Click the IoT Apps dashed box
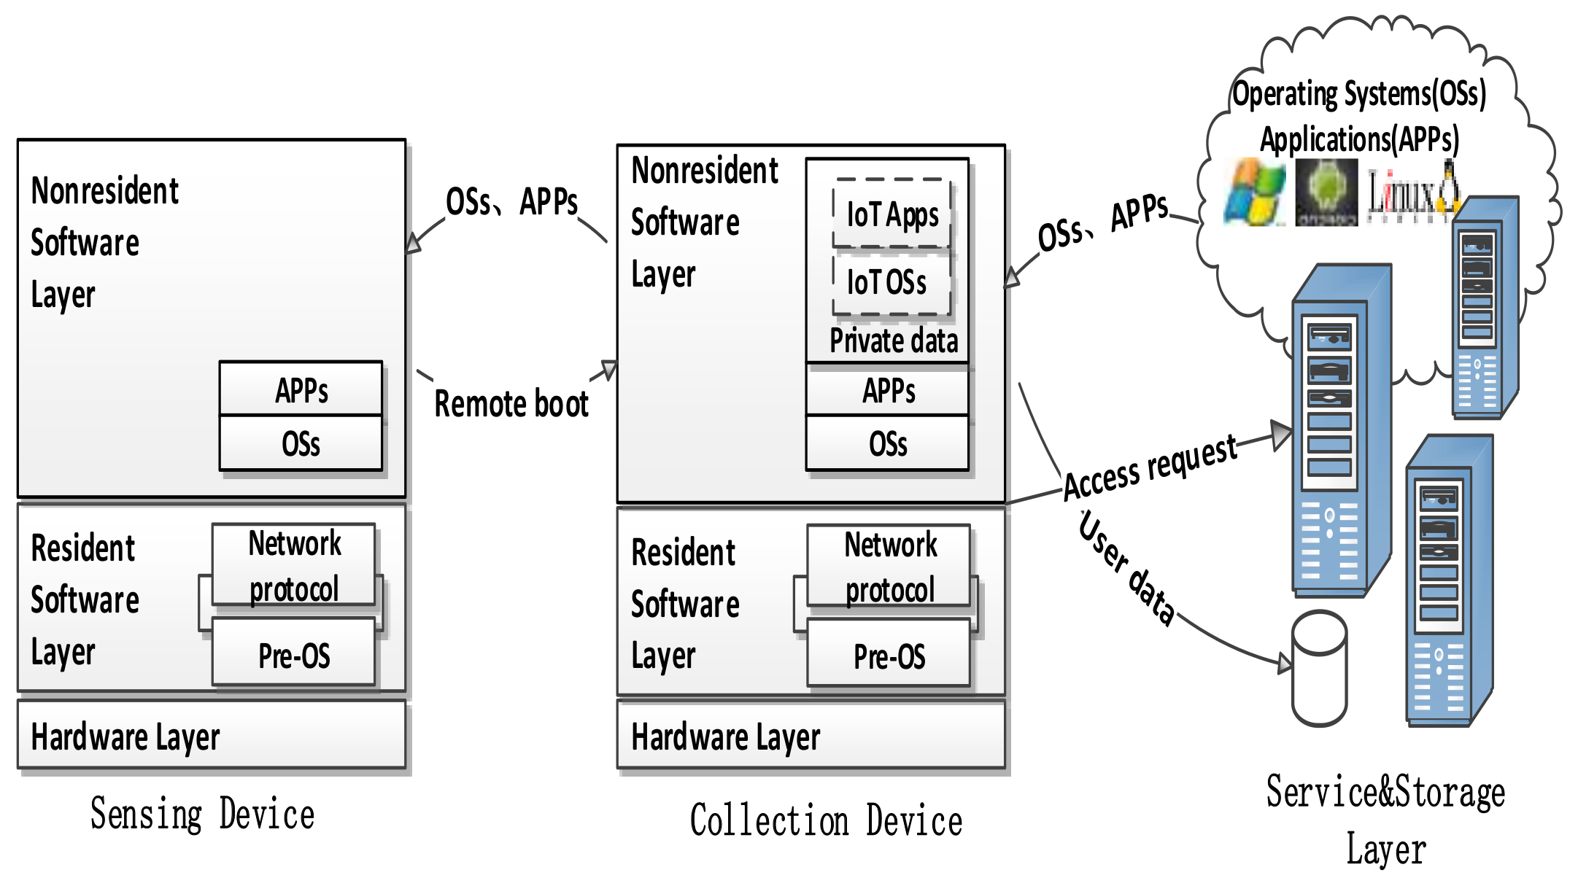pos(892,214)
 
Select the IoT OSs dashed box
pos(891,282)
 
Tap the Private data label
pos(893,341)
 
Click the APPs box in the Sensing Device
pos(301,389)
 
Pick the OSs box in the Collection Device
pos(887,443)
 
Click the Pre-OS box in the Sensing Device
pos(293,655)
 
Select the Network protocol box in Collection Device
pos(889,566)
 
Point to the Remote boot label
pos(511,404)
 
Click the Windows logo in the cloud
pos(1254,193)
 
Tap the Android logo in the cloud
pos(1326,193)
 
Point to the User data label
pos(1128,569)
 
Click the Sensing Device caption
pos(202,814)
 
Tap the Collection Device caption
pos(826,820)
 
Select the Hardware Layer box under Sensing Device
pos(212,735)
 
